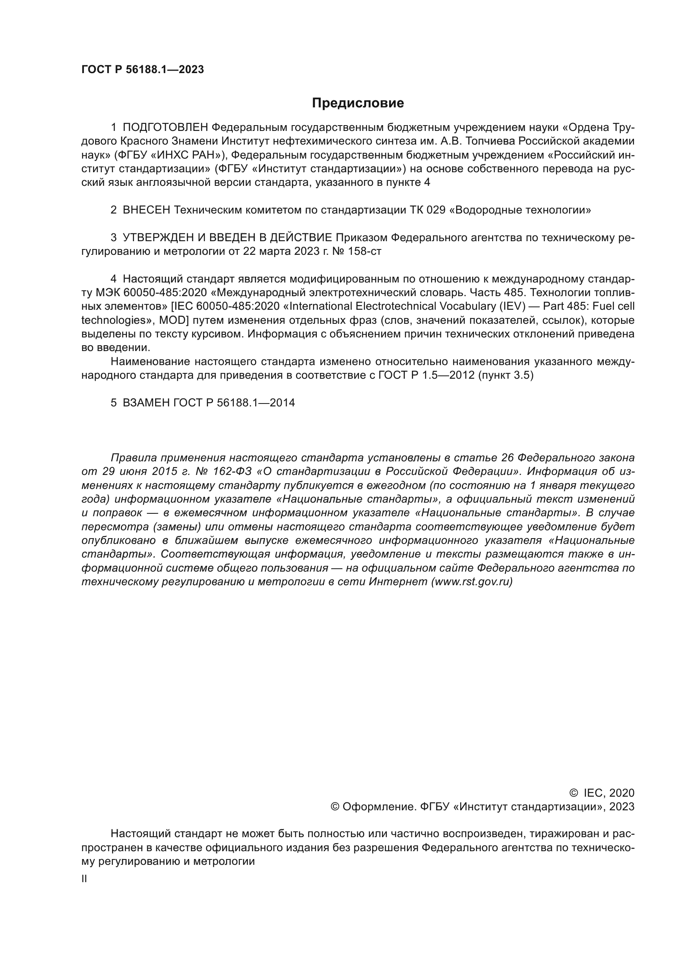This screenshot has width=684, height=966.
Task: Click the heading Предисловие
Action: click(x=358, y=103)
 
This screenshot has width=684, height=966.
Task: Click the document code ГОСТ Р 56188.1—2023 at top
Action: click(x=142, y=70)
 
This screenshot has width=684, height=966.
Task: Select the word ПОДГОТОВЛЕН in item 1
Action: click(x=165, y=128)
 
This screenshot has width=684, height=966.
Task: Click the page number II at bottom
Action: click(x=84, y=879)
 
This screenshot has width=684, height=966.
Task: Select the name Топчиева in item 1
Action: click(x=480, y=141)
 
